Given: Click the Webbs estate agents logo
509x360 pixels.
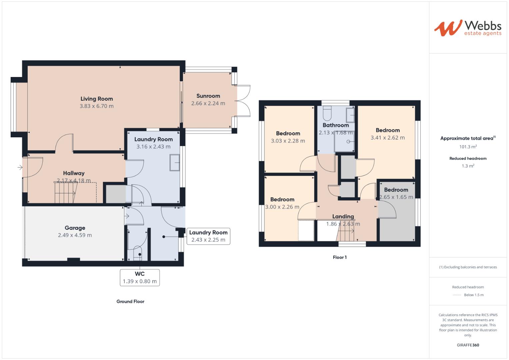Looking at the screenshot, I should [x=468, y=28].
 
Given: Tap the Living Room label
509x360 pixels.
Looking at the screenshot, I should [x=97, y=99].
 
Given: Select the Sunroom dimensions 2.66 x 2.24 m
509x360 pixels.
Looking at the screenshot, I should [x=208, y=103].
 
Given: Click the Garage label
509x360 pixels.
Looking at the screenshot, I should [x=75, y=228].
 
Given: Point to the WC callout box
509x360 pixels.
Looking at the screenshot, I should [x=140, y=277].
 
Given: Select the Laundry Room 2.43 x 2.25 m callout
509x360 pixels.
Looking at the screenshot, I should [x=208, y=236].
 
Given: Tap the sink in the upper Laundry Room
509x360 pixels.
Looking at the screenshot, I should [x=174, y=163].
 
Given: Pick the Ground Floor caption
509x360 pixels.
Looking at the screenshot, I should [x=130, y=301].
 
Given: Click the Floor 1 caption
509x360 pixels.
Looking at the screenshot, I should [x=340, y=257].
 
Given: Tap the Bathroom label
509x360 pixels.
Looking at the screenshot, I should [x=336, y=125].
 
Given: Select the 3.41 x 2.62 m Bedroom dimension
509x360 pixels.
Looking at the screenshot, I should [x=388, y=138].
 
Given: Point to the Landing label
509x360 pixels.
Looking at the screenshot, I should [x=343, y=216].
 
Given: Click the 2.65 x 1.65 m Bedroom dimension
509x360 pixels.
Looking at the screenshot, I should [x=396, y=197].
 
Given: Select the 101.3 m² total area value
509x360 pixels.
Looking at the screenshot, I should [x=468, y=147].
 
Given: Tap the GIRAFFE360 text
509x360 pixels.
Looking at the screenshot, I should [x=468, y=345].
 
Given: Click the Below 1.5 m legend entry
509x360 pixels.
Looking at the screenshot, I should [x=473, y=295].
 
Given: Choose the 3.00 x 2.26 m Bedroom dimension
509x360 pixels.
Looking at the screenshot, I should [x=282, y=207].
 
